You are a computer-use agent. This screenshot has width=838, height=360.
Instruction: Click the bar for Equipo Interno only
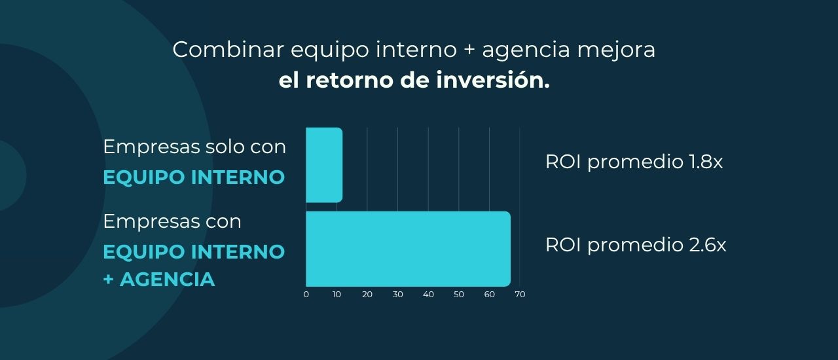pos(324,165)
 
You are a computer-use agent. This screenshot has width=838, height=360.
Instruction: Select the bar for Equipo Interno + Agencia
pos(408,249)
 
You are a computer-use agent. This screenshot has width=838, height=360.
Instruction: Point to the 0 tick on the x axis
pos(306,295)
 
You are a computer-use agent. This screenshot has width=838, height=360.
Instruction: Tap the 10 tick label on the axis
pos(337,295)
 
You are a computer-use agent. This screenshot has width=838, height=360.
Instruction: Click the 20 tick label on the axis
pos(367,295)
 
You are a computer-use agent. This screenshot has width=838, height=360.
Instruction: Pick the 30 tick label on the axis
pos(397,295)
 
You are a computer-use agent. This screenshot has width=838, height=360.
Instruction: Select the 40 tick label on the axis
pos(428,295)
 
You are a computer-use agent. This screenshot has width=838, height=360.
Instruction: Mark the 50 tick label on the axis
pos(459,295)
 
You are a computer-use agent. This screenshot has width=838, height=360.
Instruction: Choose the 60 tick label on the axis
pos(489,295)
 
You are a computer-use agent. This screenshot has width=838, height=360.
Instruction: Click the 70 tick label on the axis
pos(520,295)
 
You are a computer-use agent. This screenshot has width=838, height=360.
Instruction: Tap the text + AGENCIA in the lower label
pos(159,279)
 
